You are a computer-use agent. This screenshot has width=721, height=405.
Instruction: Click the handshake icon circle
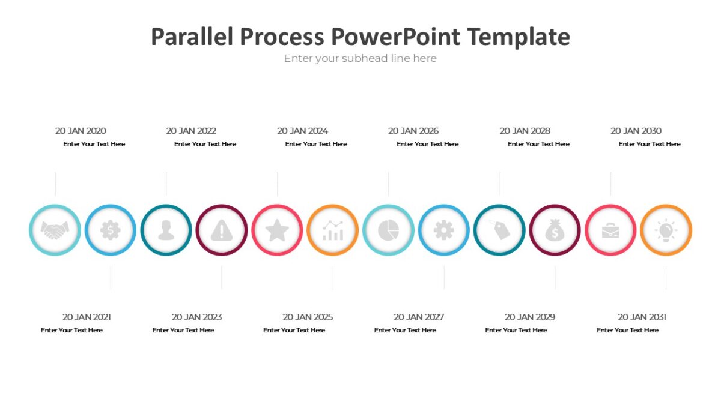point(55,230)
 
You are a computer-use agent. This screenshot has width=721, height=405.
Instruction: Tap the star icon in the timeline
point(277,230)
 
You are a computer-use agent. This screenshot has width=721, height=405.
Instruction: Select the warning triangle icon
point(222,230)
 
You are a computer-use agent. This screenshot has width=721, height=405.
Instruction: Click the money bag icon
point(555,230)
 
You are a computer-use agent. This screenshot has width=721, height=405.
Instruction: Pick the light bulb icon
point(666,230)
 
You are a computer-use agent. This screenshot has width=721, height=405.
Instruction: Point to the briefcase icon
point(610,230)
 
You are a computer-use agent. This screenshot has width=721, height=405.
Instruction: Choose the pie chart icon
point(388,230)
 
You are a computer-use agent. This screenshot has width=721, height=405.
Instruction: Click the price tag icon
point(499,230)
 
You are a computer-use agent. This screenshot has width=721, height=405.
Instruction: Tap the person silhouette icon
point(166,230)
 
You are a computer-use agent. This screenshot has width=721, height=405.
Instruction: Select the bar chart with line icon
point(333,230)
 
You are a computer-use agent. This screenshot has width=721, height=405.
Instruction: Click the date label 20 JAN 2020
point(81,131)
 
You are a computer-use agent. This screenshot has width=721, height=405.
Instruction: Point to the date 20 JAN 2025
point(308,317)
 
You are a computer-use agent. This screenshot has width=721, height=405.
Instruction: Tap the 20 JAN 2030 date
point(636,131)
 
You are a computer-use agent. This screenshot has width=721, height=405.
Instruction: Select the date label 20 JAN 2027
point(419,317)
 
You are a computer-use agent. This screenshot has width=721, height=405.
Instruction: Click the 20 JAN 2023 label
point(196,317)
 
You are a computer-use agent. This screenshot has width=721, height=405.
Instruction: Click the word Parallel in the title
point(192,37)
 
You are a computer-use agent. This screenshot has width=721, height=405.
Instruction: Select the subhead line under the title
point(360,58)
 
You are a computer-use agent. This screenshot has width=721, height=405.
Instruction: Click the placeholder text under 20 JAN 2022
point(205,144)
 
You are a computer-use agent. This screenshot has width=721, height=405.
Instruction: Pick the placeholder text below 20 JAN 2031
point(627,330)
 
